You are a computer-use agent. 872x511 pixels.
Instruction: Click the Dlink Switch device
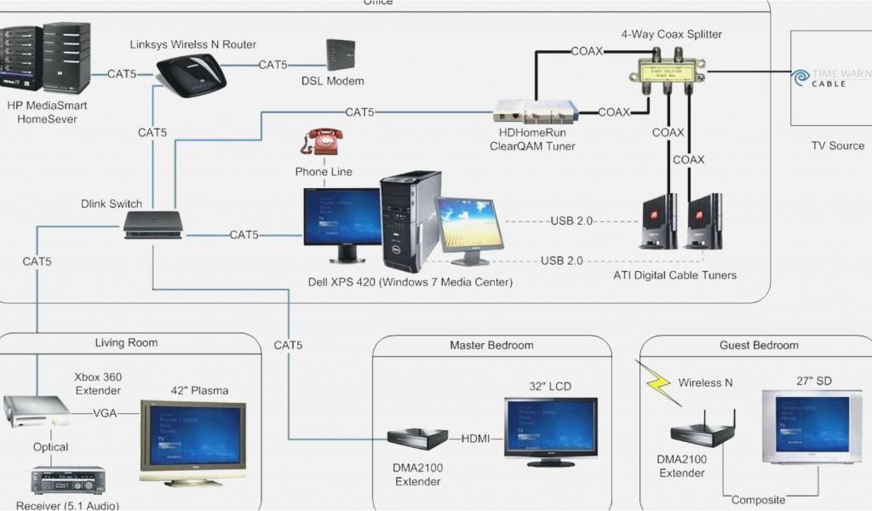pyautogui.click(x=153, y=224)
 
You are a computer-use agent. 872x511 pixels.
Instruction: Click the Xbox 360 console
pyautogui.click(x=36, y=411)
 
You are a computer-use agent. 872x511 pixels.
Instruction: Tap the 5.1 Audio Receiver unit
pyautogui.click(x=68, y=480)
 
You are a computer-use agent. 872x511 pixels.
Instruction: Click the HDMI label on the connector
pyautogui.click(x=475, y=439)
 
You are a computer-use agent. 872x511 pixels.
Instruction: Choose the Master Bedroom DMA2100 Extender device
pyautogui.click(x=417, y=438)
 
